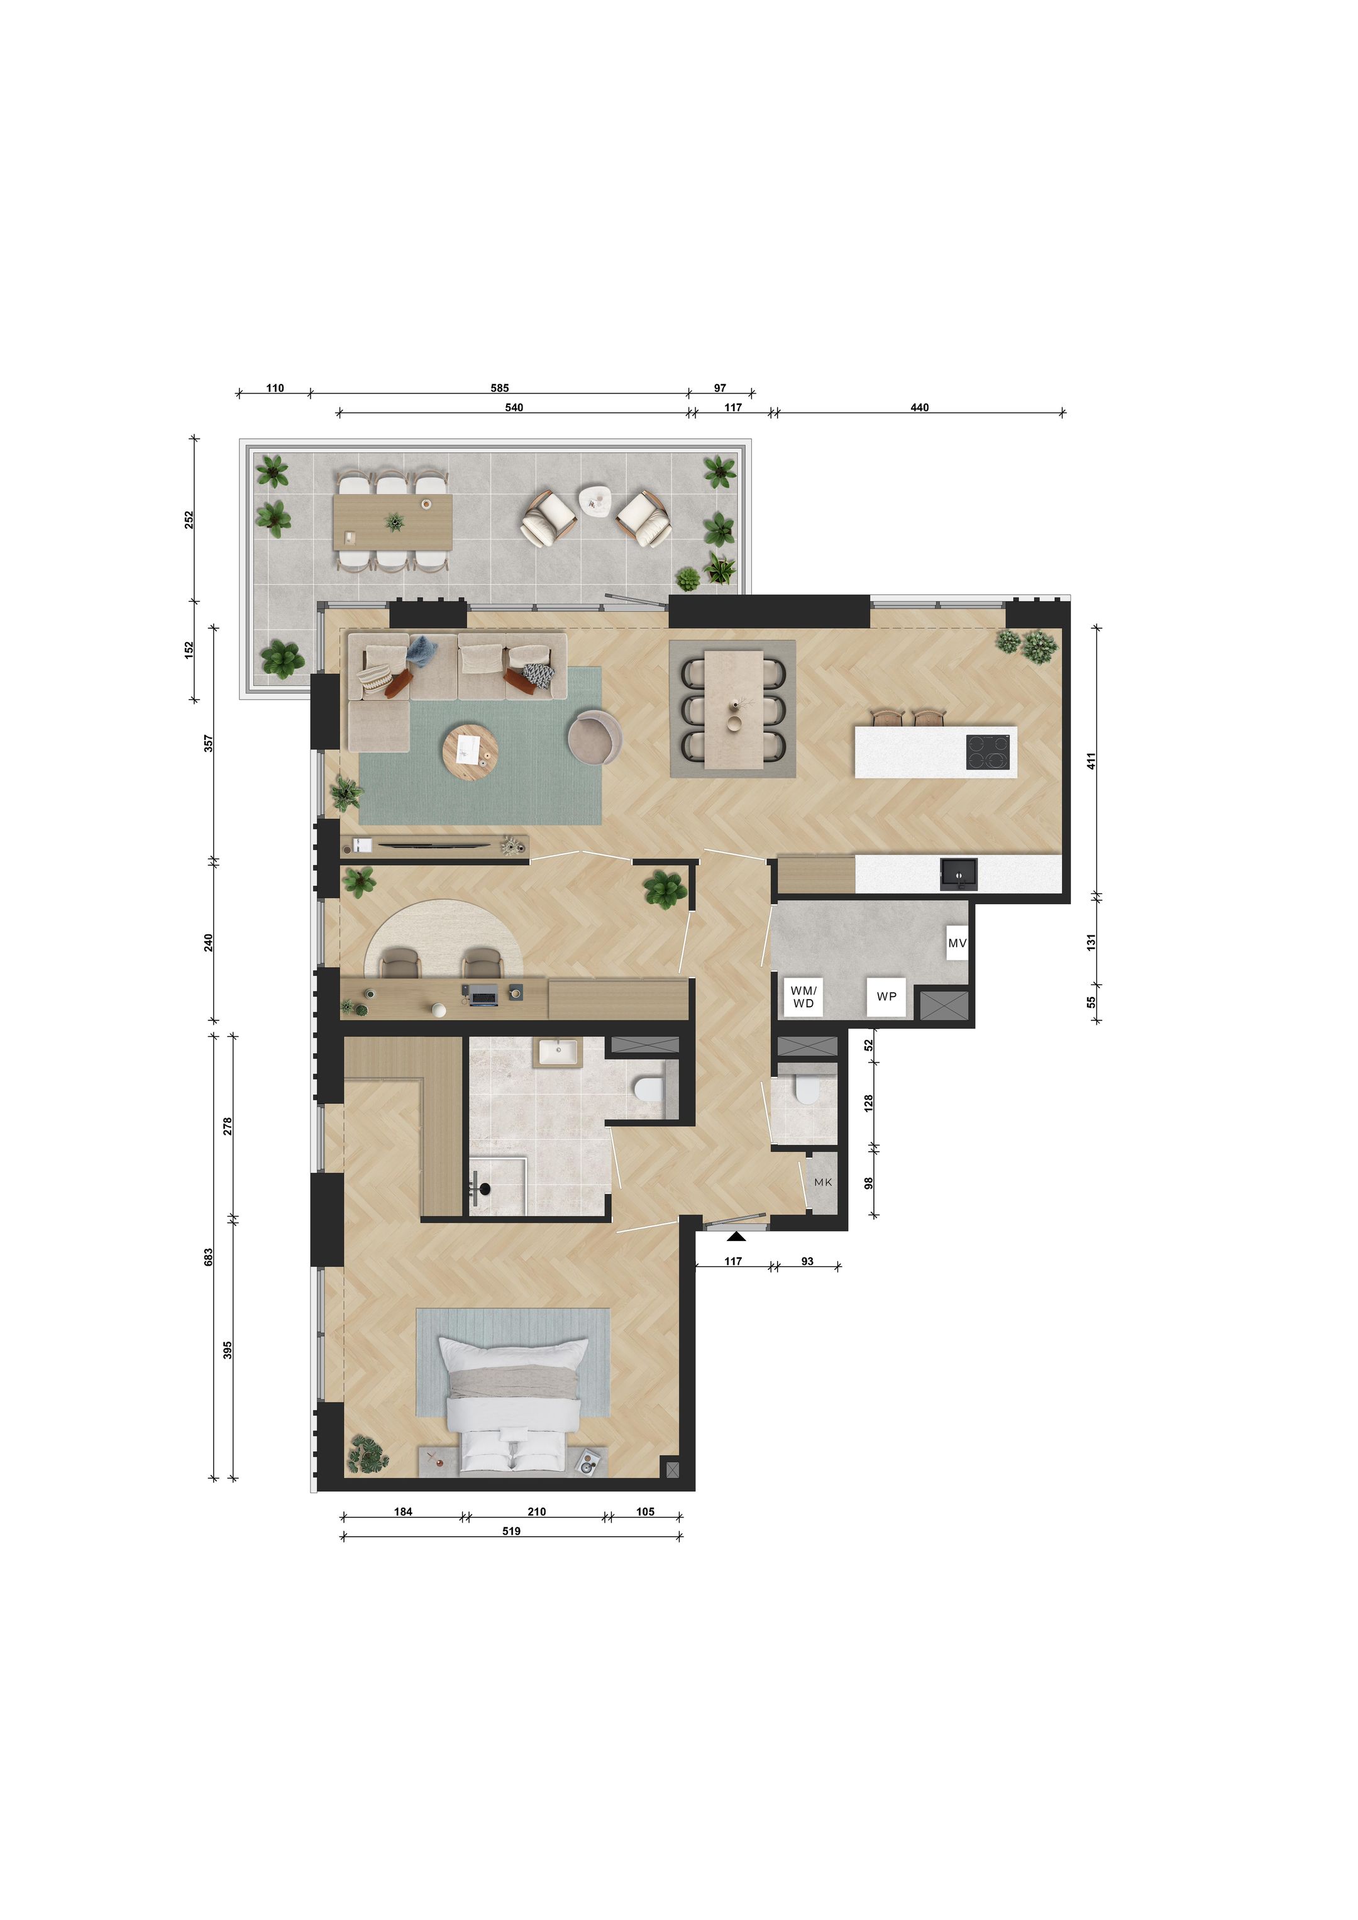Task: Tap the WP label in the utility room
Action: (886, 996)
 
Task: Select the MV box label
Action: (957, 943)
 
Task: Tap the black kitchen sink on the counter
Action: (958, 874)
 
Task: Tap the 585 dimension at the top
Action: (499, 388)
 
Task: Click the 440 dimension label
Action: (919, 407)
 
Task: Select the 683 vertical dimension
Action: (208, 1256)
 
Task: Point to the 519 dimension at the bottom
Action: (511, 1531)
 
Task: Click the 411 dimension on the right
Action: (1090, 761)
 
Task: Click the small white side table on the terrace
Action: (596, 499)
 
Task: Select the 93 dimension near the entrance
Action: (807, 1261)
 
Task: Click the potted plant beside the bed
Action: (367, 1454)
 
